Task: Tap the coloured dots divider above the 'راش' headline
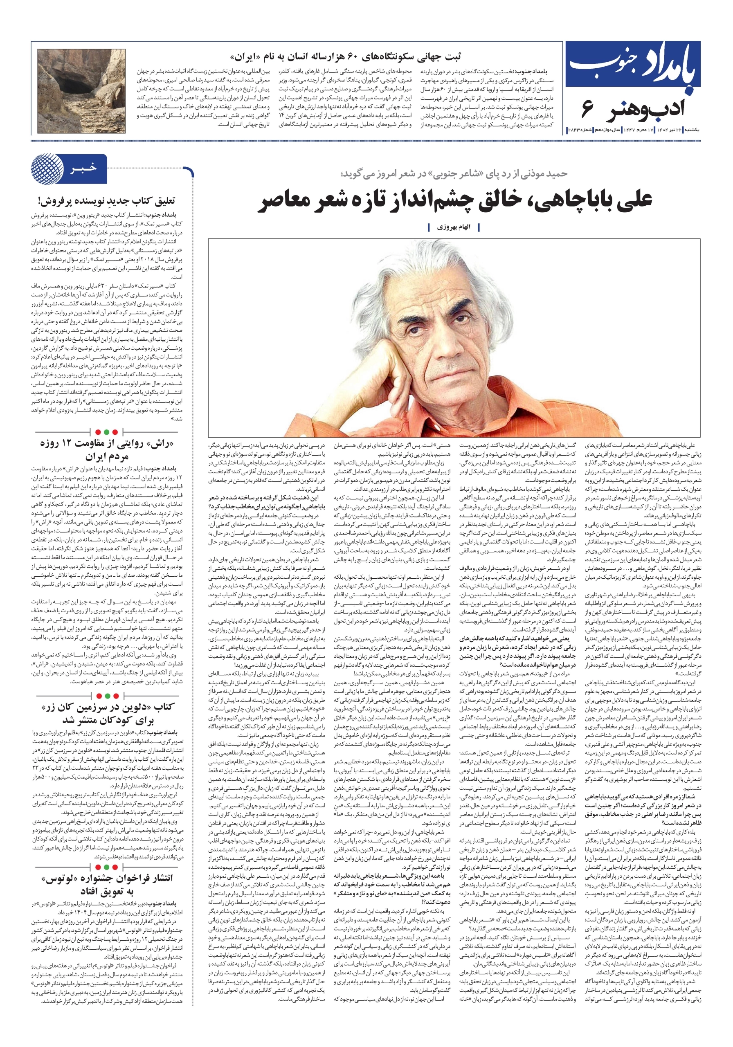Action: coord(107,432)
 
